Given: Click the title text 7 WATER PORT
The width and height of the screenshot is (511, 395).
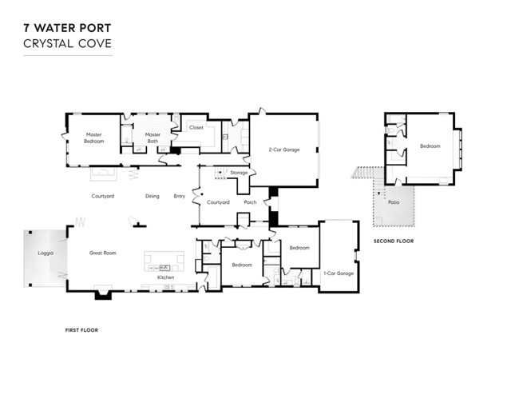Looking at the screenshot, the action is [67, 28].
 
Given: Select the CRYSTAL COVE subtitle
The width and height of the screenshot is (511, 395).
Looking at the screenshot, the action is [67, 44].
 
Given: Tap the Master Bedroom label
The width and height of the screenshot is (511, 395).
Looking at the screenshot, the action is [94, 138].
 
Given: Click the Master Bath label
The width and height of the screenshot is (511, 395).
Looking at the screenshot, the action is [153, 138].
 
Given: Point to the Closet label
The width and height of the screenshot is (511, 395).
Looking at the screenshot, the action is [196, 128].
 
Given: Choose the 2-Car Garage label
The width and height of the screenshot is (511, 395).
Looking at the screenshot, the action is [284, 150].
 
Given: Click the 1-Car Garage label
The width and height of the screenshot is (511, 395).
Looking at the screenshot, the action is [339, 273].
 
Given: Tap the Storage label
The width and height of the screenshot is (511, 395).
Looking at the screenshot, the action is [239, 173].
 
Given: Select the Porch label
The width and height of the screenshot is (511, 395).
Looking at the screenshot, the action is [250, 202].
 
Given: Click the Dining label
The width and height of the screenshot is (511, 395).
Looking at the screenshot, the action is [153, 196].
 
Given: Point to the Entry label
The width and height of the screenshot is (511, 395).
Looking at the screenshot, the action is [179, 196].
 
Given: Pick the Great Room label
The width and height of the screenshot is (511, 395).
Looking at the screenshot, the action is [103, 253].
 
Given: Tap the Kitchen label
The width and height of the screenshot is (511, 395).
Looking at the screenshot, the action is [165, 277].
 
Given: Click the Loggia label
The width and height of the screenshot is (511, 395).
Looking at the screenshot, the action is [46, 253].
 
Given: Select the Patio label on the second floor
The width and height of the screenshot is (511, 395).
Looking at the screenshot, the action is [394, 202].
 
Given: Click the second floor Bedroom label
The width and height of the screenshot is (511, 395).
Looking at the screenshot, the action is [430, 146].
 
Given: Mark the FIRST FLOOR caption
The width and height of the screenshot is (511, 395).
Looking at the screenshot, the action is [81, 330].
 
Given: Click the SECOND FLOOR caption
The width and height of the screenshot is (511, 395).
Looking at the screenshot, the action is [394, 241].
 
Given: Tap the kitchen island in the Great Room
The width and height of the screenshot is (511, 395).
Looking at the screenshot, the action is [164, 261].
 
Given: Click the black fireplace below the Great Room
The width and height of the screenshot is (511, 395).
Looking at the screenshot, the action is [103, 295].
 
